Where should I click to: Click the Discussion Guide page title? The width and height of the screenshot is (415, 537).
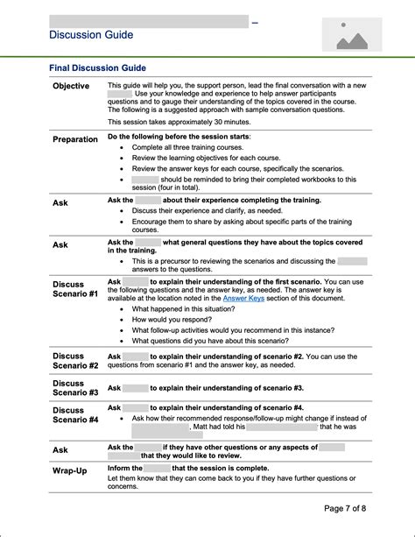pos(92,35)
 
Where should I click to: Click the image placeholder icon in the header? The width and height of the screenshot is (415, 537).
pos(351,34)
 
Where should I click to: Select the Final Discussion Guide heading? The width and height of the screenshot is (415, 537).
pos(97,68)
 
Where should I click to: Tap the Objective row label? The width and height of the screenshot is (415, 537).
pos(71,86)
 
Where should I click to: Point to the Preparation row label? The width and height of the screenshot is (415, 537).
pos(75,139)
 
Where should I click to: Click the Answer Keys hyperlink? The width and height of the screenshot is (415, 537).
pos(243,299)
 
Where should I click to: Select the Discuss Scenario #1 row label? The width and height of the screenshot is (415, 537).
pos(75,290)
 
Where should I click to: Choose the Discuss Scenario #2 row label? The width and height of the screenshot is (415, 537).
pos(75,360)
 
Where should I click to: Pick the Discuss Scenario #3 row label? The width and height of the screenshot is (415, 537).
pos(75,388)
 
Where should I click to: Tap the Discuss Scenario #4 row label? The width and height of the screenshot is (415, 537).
pos(75,414)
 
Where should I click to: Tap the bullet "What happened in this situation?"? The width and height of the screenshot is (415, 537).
pos(189,309)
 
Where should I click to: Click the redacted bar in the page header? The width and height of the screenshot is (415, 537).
pos(148,20)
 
